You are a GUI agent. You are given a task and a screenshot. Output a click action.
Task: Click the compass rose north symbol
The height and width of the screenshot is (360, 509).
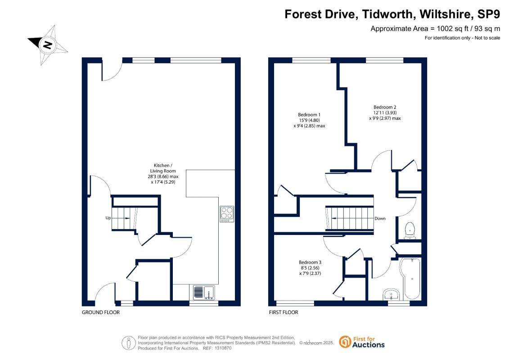click(x=48, y=45)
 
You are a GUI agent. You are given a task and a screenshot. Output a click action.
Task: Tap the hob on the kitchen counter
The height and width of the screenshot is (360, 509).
click(x=226, y=214)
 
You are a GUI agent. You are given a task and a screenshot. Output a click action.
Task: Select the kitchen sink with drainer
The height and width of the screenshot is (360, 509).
click(x=204, y=292)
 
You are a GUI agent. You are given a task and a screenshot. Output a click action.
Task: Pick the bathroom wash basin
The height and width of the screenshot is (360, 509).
click(x=392, y=294)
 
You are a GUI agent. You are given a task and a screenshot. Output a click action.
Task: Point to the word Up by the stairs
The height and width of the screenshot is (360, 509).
click(x=108, y=218)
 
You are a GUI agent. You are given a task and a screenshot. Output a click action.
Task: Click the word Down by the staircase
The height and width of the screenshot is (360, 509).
click(x=380, y=218)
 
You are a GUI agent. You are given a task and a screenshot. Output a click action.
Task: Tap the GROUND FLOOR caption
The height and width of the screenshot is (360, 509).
click(x=101, y=312)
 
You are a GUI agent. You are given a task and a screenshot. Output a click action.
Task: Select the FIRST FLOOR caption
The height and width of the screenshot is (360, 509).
click(x=284, y=312)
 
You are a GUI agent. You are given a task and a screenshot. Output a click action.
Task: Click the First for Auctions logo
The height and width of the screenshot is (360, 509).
click(x=362, y=342)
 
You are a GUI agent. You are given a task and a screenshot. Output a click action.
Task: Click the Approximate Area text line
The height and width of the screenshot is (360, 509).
click(x=435, y=28)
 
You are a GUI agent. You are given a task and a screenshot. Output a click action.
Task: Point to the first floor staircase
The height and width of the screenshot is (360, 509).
click(x=349, y=218)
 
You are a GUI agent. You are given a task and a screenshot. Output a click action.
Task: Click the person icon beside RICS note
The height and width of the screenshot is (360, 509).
click(x=129, y=343)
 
